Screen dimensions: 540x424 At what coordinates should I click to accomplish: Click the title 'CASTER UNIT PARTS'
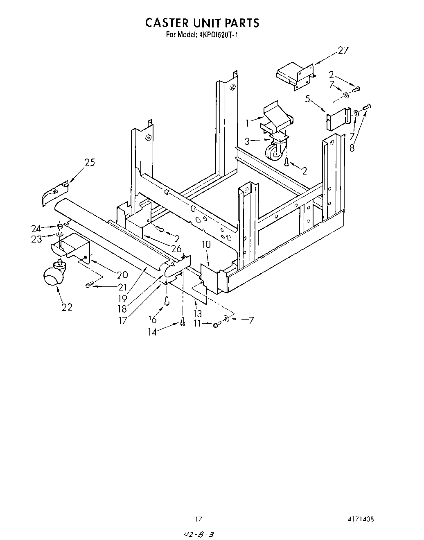coord(202,23)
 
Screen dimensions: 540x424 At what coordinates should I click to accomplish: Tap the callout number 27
coord(343,50)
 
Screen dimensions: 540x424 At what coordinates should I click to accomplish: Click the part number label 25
coord(89,163)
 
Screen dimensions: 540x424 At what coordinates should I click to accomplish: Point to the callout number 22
coord(67,306)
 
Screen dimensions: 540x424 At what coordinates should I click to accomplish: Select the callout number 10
coord(206,245)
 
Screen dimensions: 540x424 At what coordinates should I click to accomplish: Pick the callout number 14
coord(152,332)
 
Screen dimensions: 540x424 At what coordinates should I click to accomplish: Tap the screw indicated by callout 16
coord(167,300)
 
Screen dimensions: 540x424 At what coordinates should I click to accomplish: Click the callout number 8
coord(352,148)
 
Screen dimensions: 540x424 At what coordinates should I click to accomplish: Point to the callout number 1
coord(247,122)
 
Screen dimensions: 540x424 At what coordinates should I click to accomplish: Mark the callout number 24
coord(36,229)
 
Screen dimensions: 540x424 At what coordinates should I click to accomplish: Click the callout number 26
coord(176,248)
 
